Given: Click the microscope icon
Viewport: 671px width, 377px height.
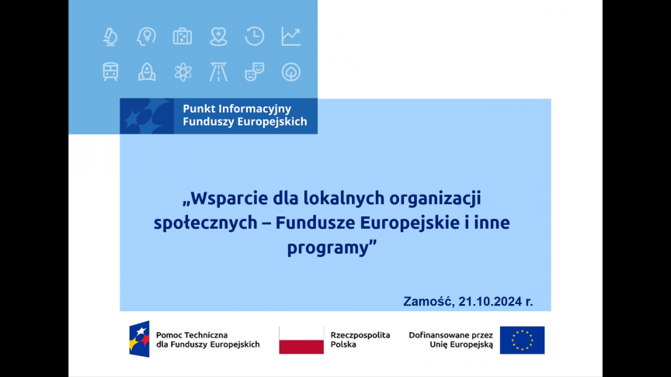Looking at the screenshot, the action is click(x=110, y=36).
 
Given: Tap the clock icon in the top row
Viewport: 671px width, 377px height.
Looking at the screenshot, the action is click(x=254, y=36).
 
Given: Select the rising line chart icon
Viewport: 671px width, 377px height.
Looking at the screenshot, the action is click(x=291, y=36).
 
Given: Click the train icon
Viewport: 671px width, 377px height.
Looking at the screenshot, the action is click(x=110, y=72).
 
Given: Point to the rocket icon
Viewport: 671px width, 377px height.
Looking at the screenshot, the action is click(x=147, y=72).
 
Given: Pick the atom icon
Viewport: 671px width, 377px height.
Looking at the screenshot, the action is click(x=183, y=72).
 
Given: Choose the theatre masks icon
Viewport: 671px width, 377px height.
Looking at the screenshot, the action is click(x=254, y=72).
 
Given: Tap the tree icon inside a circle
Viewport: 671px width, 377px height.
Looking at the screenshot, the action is click(x=291, y=72).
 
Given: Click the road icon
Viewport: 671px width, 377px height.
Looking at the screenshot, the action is click(x=218, y=72).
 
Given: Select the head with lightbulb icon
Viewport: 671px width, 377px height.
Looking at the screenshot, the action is click(x=146, y=36).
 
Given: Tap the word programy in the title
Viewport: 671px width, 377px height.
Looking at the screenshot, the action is click(x=328, y=248).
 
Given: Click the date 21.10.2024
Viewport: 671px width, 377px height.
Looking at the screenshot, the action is click(x=489, y=301).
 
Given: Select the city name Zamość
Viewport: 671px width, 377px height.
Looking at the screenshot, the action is click(x=429, y=301).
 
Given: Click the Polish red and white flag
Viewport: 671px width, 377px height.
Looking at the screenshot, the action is click(x=301, y=341).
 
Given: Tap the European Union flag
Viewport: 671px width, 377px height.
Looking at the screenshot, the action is click(x=522, y=341).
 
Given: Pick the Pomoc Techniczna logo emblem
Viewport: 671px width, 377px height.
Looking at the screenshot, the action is click(x=140, y=339).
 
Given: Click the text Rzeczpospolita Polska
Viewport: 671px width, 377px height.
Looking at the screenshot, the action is click(x=360, y=340).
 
